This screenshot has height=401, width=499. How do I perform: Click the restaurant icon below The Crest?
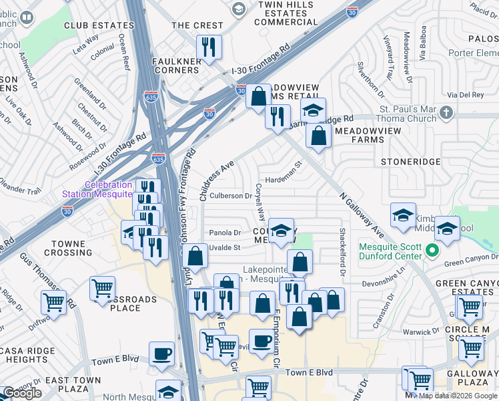(x=209, y=47)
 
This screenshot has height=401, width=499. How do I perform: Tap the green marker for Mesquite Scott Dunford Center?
(x=432, y=251)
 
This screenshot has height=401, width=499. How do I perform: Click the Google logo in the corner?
(x=22, y=393)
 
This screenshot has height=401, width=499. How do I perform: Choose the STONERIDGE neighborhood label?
(x=410, y=162)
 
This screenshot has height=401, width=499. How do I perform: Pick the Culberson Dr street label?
(x=231, y=196)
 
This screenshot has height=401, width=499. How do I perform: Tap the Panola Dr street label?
(x=225, y=233)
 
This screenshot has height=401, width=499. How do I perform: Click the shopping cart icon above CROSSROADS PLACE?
(x=102, y=288)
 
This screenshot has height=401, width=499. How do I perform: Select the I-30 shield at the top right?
(x=352, y=10)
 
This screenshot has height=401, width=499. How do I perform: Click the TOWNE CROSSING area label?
(x=69, y=249)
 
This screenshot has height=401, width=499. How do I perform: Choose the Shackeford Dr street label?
(x=342, y=251)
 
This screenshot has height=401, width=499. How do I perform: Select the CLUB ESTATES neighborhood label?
(x=95, y=25)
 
